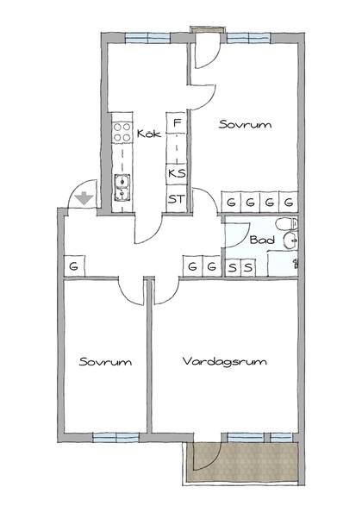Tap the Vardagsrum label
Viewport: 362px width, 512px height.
pyautogui.click(x=225, y=362)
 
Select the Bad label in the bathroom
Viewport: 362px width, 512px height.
pyautogui.click(x=262, y=240)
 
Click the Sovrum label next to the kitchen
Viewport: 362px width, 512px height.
pyautogui.click(x=245, y=124)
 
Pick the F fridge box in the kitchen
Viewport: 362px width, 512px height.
pyautogui.click(x=177, y=124)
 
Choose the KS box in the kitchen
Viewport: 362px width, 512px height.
pyautogui.click(x=177, y=172)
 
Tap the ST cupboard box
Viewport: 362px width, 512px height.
pyautogui.click(x=177, y=200)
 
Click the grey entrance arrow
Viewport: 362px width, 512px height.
pyautogui.click(x=83, y=198)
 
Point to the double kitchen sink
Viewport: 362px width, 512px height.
pyautogui.click(x=121, y=186)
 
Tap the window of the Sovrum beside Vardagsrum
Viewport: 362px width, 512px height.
pyautogui.click(x=115, y=437)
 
